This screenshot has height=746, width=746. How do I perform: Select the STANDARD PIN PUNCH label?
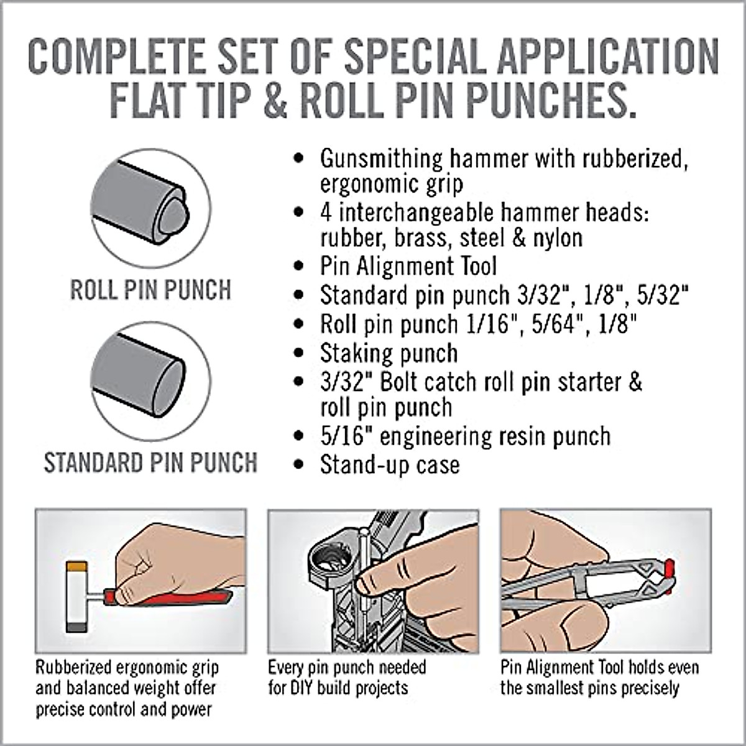[150, 463]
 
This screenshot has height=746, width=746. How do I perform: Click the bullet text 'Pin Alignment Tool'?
[408, 267]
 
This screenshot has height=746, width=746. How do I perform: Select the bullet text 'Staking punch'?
[389, 354]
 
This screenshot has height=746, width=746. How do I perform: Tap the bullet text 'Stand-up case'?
[390, 465]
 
